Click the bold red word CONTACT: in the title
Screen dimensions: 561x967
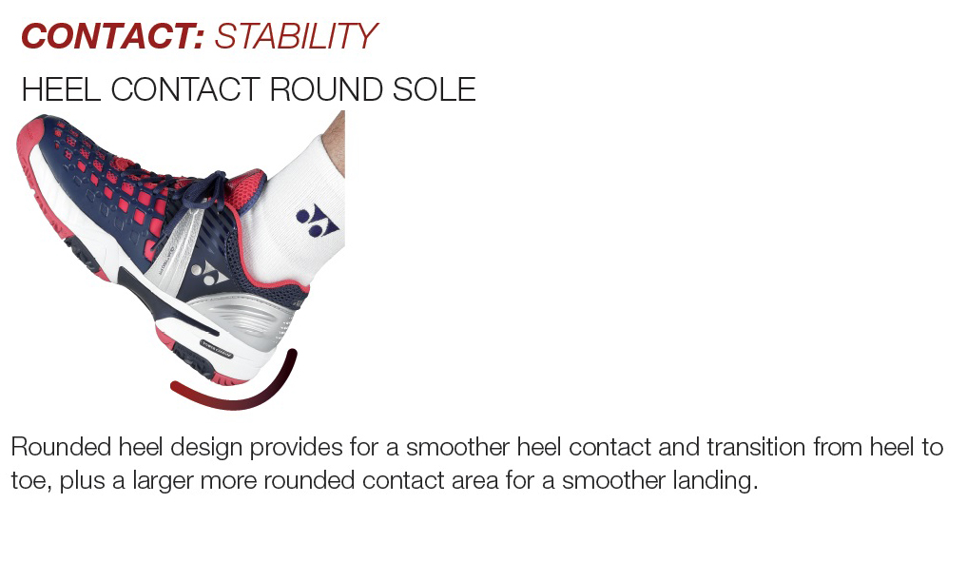click(112, 36)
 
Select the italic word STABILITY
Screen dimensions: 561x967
click(296, 36)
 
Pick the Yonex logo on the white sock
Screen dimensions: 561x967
click(317, 221)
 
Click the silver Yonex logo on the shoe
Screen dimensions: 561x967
click(208, 274)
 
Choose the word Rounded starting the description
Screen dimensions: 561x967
click(60, 447)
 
